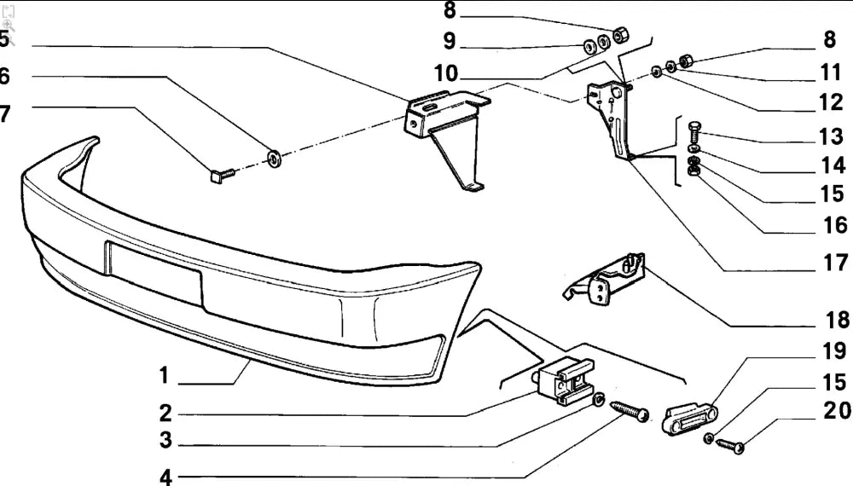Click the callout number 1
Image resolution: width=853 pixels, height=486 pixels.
click(x=164, y=375)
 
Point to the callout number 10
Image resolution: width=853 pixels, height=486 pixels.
click(x=445, y=73)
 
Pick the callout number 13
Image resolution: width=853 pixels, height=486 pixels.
click(x=831, y=136)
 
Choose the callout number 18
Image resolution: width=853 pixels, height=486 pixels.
click(x=838, y=321)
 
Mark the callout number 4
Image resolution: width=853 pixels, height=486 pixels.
click(x=165, y=477)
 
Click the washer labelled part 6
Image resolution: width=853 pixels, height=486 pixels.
click(x=275, y=158)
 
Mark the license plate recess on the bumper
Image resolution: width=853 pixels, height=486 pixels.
click(x=154, y=270)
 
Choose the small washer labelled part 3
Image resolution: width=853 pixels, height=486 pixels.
click(x=599, y=399)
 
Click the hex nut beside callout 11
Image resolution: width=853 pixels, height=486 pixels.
click(x=684, y=61)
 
